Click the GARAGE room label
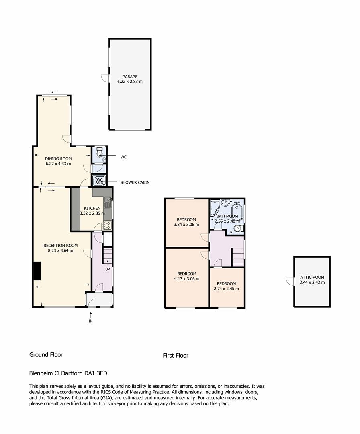click(x=130, y=76)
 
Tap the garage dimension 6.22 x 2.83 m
click(x=130, y=82)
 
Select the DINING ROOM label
click(x=58, y=159)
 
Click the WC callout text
click(x=123, y=157)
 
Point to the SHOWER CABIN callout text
click(x=135, y=182)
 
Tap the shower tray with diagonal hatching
click(x=98, y=181)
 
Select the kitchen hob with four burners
click(x=107, y=225)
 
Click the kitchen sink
click(x=107, y=202)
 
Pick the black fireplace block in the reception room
click(x=37, y=271)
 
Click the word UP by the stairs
click(x=107, y=269)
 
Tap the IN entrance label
click(x=90, y=321)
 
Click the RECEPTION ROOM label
click(x=61, y=246)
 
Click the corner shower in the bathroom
click(x=215, y=208)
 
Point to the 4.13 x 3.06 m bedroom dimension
click(x=187, y=279)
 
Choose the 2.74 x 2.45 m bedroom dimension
click(x=226, y=289)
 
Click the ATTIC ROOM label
click(x=312, y=277)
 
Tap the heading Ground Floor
click(x=46, y=355)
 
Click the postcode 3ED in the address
click(x=102, y=373)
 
